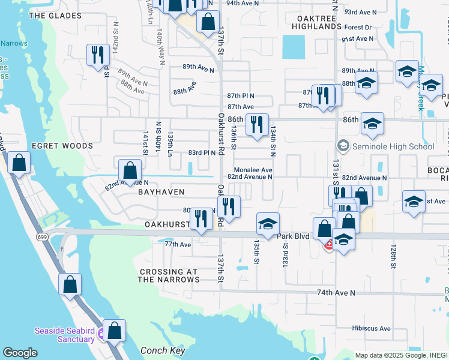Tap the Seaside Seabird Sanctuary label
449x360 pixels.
65,334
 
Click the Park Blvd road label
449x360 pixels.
293,236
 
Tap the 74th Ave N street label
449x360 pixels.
336,293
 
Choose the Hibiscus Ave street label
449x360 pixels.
372,328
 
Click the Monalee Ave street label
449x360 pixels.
253,170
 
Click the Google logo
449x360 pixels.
20,353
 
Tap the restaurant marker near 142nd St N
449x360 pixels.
96,55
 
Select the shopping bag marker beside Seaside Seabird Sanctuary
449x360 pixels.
114,329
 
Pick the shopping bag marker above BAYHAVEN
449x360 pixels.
130,170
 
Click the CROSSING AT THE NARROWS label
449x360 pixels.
169,276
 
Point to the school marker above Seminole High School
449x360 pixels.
372,124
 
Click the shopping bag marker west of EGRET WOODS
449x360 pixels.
19,163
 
